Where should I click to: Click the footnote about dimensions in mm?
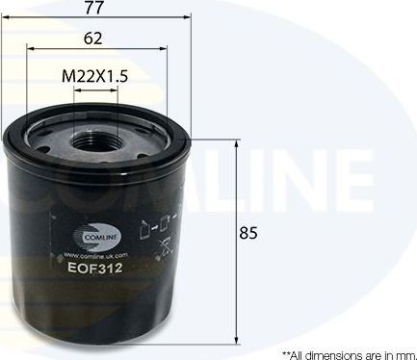click(346, 352)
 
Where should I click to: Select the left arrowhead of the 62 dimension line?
click(30, 50)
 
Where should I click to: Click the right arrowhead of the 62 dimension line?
click(166, 50)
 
